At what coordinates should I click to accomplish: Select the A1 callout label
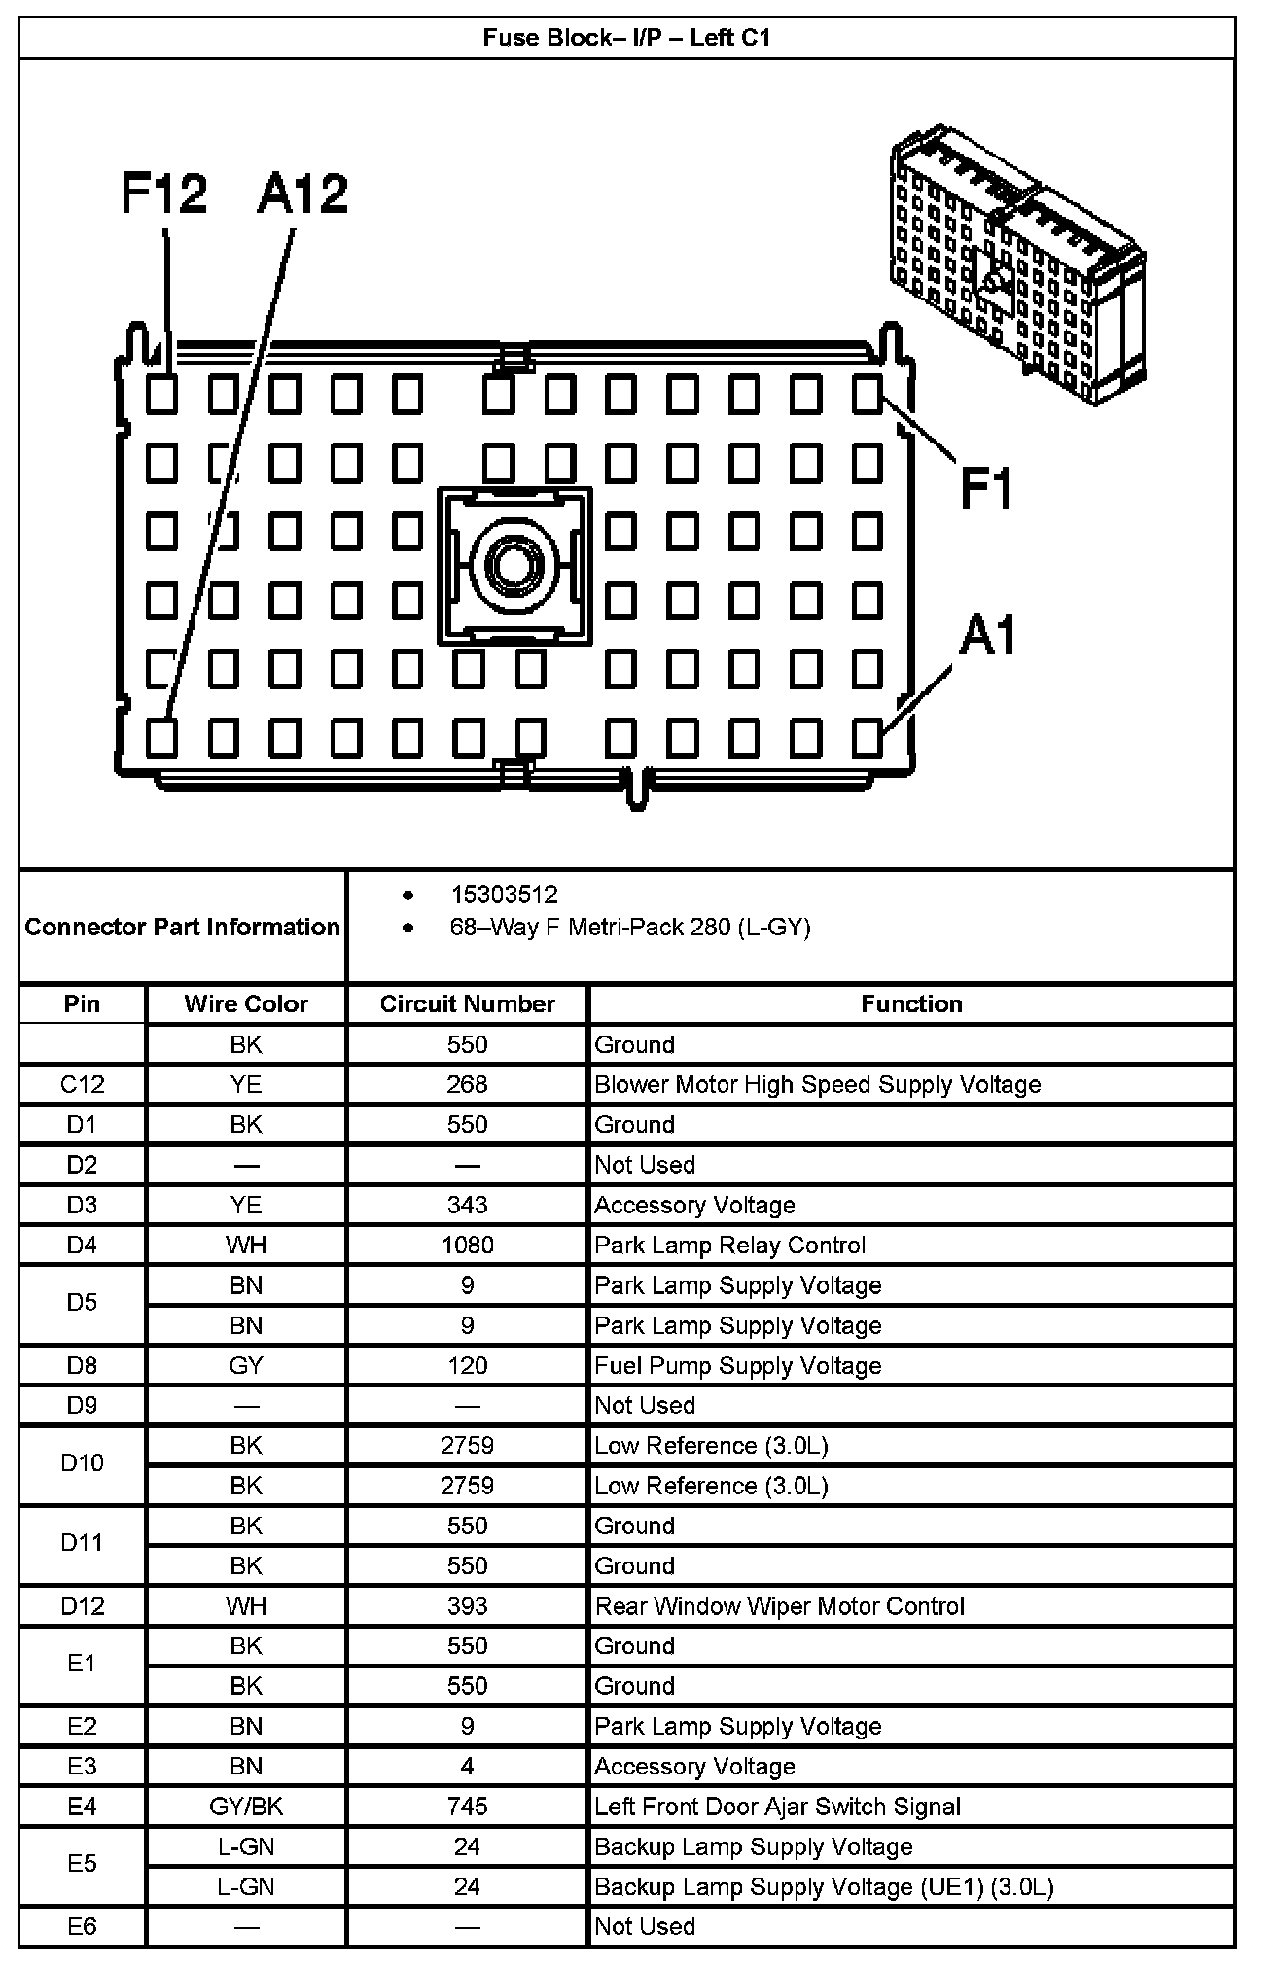[988, 637]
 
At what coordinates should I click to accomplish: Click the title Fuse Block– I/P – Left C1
[627, 38]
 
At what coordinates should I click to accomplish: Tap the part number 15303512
[504, 895]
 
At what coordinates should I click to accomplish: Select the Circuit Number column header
[467, 1003]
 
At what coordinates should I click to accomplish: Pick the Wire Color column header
[246, 1003]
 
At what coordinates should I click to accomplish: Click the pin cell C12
[82, 1084]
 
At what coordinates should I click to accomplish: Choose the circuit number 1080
[467, 1245]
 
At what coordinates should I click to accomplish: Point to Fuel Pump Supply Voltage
[738, 1365]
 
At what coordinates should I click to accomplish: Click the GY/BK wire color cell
[246, 1807]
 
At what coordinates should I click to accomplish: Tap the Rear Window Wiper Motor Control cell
[780, 1606]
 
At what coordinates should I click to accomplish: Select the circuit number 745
[467, 1807]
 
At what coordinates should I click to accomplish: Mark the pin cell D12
[82, 1606]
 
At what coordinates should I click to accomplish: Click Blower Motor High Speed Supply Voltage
[818, 1084]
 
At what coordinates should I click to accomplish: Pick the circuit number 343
[467, 1205]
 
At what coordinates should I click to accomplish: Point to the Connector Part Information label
[183, 927]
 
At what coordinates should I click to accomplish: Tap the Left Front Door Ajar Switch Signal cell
[778, 1807]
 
